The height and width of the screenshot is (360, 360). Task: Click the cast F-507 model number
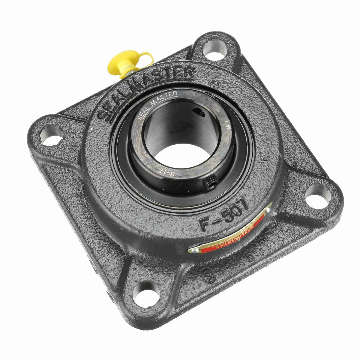pos(223,215)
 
